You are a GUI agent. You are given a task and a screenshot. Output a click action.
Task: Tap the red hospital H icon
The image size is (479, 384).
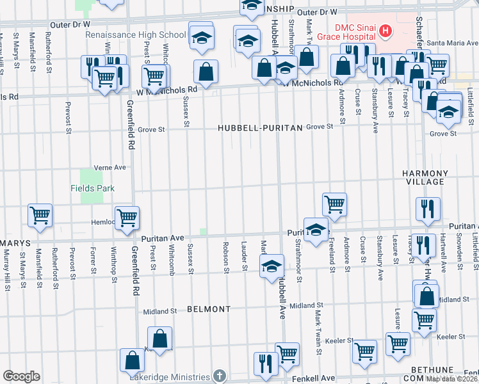(386, 29)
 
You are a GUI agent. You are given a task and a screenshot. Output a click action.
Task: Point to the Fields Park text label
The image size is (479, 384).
(93, 188)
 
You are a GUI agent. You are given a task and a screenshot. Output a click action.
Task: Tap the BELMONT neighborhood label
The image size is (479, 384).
(209, 308)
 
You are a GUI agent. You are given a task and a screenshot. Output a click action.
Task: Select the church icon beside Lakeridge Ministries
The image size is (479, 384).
(220, 375)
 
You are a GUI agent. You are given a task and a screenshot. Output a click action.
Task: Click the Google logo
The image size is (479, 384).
(21, 376)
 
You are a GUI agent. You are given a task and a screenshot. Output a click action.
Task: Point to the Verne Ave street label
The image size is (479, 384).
(110, 167)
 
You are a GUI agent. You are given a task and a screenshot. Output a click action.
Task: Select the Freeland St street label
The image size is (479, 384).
(332, 255)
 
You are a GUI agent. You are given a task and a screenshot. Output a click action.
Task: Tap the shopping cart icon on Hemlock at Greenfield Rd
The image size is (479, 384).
(127, 217)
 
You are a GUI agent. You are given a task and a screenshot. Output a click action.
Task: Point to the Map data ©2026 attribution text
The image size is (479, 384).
(452, 379)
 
